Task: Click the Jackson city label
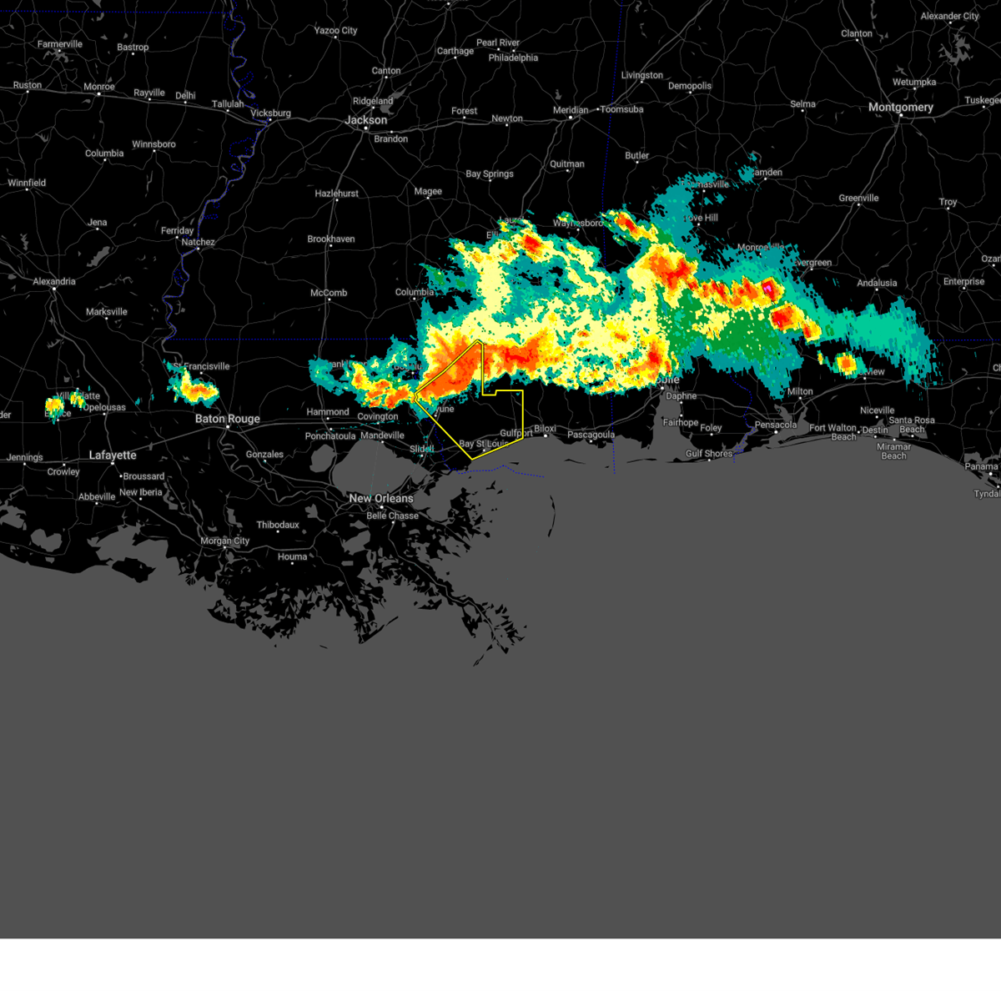[x=366, y=120]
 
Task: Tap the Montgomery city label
[x=900, y=108]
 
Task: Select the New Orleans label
[x=381, y=498]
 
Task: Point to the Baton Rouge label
[x=228, y=419]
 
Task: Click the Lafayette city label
[x=113, y=455]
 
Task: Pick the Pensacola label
[x=776, y=425]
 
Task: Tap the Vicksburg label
[x=271, y=113]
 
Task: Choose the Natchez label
[x=199, y=243]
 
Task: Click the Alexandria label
[x=54, y=282]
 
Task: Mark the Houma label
[x=292, y=557]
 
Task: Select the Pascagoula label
[x=591, y=435]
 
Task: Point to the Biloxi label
[x=545, y=429]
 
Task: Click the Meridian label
[x=571, y=111]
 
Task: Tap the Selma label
[x=802, y=104]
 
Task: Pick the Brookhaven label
[x=331, y=239]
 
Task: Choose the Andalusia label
[x=877, y=283]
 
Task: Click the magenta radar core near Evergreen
[x=767, y=288]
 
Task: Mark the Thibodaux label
[x=278, y=526]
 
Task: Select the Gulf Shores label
[x=709, y=454]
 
